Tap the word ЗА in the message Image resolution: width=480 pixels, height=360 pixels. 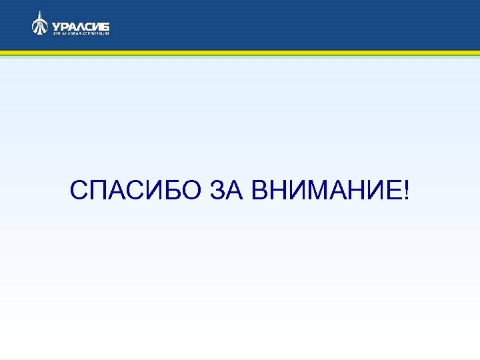pos(227,193)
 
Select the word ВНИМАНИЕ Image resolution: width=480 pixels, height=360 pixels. pos(327,193)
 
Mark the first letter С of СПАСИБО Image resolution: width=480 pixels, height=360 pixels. pos(78,193)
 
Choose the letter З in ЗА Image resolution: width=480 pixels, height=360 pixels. pos(218,193)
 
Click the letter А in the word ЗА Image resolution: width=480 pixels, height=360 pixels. pos(236,193)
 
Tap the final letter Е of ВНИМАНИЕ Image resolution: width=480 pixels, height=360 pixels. pos(395,193)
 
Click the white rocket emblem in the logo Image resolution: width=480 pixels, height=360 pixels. pos(40,23)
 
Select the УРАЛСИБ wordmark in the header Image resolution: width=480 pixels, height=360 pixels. pos(81,25)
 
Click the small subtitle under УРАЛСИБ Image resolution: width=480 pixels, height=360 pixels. pos(81,33)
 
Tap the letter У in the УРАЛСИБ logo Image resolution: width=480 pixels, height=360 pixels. pos(55,25)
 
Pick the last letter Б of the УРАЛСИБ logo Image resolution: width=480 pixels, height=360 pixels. pos(106,25)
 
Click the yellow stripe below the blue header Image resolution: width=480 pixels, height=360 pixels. pos(240,53)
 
